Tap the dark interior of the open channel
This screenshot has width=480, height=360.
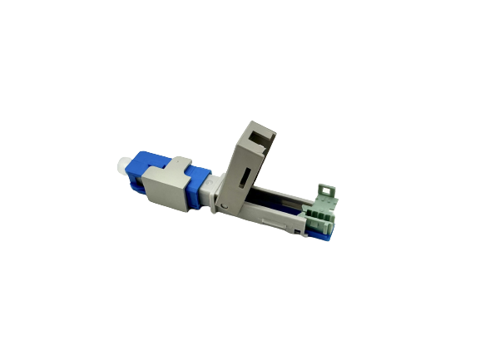pyautogui.click(x=279, y=205)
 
